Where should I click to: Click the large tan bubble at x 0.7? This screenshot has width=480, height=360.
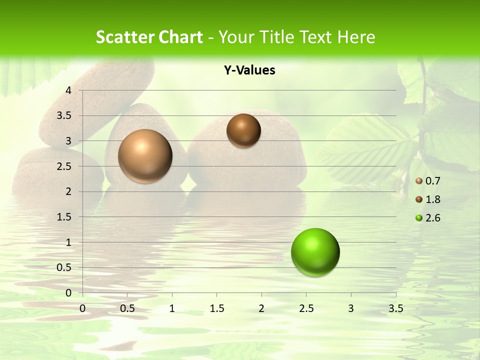point(145,156)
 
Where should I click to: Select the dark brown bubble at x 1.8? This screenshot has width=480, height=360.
point(243,130)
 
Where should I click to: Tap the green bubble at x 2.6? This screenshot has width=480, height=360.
point(315,252)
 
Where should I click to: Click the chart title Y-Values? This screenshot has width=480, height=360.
point(249,70)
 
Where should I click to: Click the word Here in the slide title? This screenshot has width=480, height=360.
point(355,37)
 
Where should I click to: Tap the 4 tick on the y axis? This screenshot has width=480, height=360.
point(69,90)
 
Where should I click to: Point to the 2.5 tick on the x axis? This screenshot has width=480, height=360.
point(306,308)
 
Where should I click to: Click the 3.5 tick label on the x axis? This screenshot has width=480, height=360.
point(395,308)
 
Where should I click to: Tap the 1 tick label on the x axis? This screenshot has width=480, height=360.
point(172,308)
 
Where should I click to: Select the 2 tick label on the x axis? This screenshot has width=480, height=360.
point(261,308)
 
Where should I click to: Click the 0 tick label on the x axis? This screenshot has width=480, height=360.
point(82,308)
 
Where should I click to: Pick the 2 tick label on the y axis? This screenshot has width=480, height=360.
point(69,191)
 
